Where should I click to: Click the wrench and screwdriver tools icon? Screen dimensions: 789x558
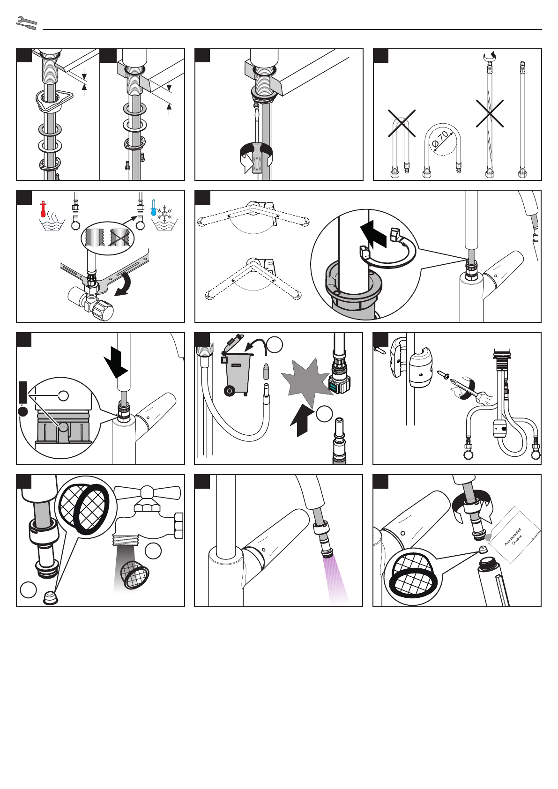[26, 23]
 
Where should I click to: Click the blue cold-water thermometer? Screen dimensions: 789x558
[153, 208]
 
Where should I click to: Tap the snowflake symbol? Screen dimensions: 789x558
[165, 214]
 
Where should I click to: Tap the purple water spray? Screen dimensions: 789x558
[335, 579]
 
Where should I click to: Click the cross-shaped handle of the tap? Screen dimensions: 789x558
[147, 492]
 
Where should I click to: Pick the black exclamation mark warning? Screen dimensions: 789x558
[23, 399]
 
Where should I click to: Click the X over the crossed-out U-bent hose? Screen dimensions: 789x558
[402, 123]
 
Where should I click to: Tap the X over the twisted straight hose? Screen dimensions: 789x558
[490, 113]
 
